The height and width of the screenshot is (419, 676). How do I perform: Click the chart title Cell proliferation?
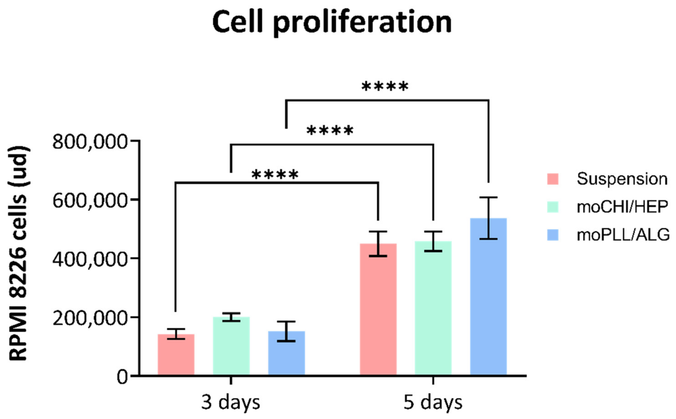click(x=332, y=23)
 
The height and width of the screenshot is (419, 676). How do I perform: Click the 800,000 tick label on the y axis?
click(x=90, y=143)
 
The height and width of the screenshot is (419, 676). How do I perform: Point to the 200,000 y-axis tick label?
click(x=90, y=318)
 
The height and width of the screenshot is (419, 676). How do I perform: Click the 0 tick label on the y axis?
click(x=122, y=377)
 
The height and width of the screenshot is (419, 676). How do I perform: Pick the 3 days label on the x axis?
click(x=230, y=402)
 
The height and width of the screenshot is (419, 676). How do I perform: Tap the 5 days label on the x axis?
click(x=433, y=402)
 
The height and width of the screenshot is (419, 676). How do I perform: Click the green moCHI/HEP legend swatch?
click(x=553, y=207)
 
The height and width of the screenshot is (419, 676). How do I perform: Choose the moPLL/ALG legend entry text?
click(x=623, y=235)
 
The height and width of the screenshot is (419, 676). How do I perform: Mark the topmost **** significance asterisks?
click(x=385, y=87)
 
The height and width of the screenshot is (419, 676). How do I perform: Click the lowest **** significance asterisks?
click(x=275, y=175)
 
